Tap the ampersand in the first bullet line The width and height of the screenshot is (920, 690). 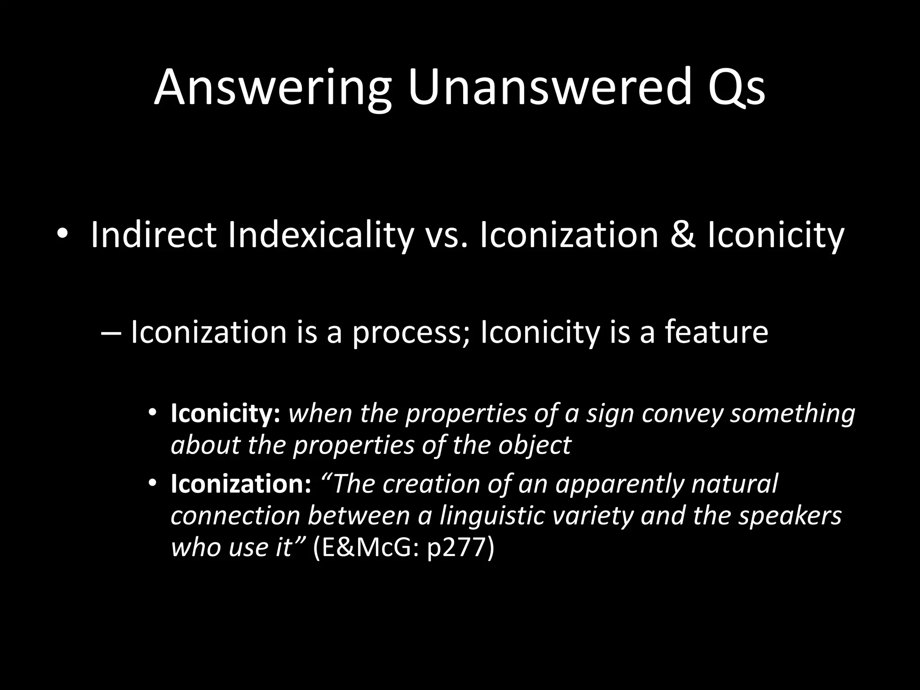[682, 235]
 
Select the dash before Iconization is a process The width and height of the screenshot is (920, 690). [112, 333]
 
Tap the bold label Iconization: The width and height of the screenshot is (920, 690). [241, 484]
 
